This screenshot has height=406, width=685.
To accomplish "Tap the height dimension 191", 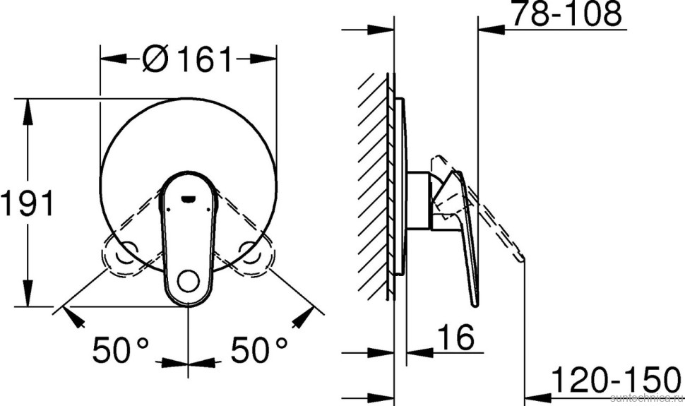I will [27, 205].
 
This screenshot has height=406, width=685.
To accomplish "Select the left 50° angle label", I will [121, 347].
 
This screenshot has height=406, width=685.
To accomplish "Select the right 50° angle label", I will [258, 347].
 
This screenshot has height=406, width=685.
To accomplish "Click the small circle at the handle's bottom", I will [189, 282].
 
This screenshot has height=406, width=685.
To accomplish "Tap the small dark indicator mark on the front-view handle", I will [189, 198].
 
